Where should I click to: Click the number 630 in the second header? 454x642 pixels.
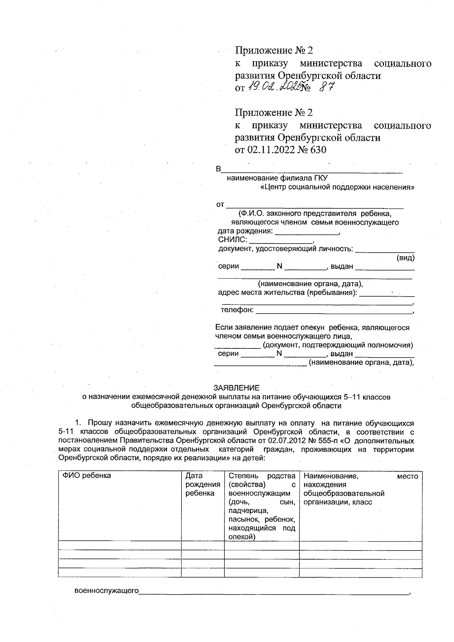(x=318, y=150)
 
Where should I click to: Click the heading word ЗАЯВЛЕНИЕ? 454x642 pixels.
(x=236, y=388)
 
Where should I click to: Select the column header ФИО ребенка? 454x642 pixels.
(x=87, y=476)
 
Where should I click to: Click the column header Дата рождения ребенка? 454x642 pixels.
(x=202, y=484)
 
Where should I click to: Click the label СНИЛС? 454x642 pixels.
(x=233, y=239)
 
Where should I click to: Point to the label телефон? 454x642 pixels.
(x=237, y=310)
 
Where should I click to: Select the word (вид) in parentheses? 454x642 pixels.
(x=405, y=258)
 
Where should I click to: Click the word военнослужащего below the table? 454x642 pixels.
(x=107, y=591)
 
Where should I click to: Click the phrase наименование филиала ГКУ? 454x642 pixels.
(x=277, y=178)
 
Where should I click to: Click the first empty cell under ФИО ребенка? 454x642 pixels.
(x=120, y=546)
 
